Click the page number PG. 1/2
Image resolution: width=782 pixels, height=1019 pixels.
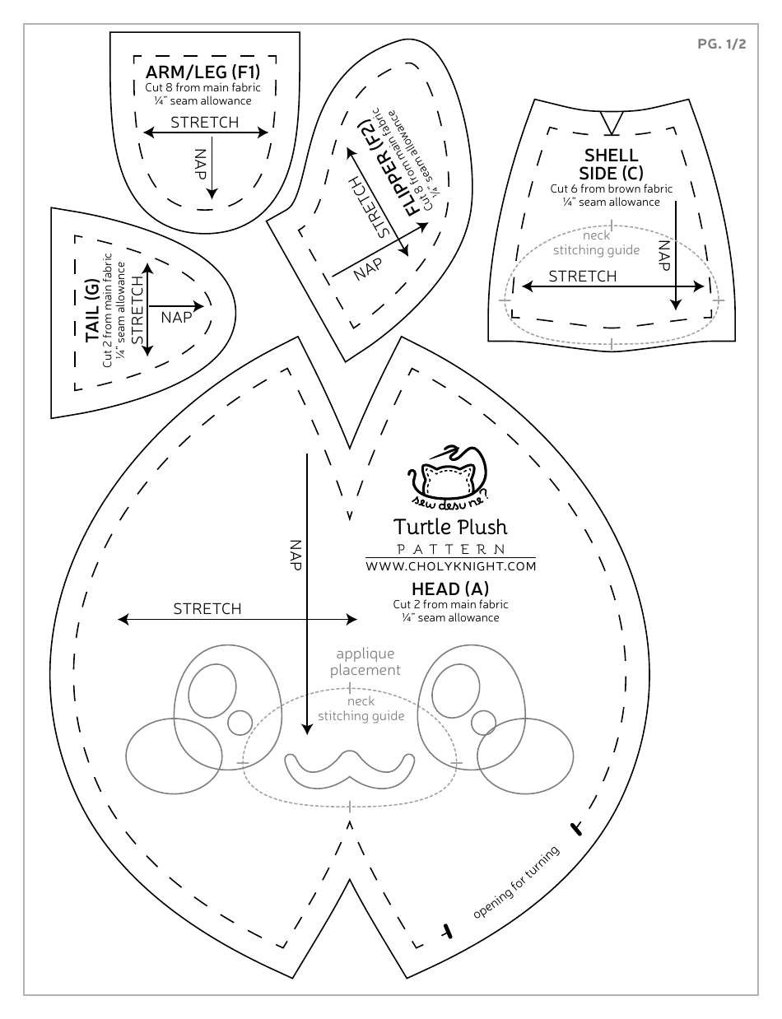[721, 44]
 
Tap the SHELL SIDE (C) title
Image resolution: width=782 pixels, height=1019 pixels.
[611, 164]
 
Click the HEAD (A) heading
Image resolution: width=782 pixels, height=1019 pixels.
[450, 589]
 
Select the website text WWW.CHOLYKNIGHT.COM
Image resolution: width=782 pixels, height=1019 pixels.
[450, 566]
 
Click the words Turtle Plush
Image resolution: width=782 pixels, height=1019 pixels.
[450, 526]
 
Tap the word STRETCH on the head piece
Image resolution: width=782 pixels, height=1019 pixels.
[207, 609]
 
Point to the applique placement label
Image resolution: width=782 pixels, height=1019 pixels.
[365, 662]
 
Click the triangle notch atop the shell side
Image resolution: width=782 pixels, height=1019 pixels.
[610, 122]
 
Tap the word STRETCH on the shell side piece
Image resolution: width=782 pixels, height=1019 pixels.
[583, 277]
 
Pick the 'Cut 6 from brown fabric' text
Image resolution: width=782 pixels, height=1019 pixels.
[611, 188]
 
